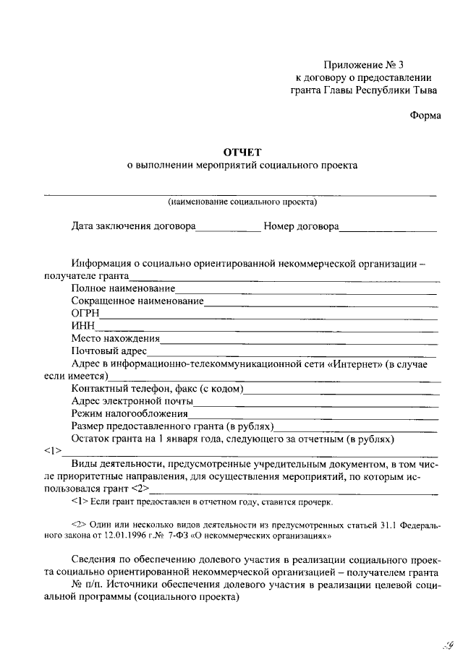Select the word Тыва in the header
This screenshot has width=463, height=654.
coord(424,90)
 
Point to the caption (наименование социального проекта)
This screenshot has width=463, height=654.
coord(242,202)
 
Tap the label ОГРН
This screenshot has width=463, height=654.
coord(85,314)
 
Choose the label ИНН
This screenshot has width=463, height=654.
coord(83,326)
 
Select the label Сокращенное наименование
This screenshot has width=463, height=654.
coord(137,301)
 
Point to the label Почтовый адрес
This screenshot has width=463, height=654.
coord(109,351)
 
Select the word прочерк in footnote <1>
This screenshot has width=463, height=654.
coord(315,501)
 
